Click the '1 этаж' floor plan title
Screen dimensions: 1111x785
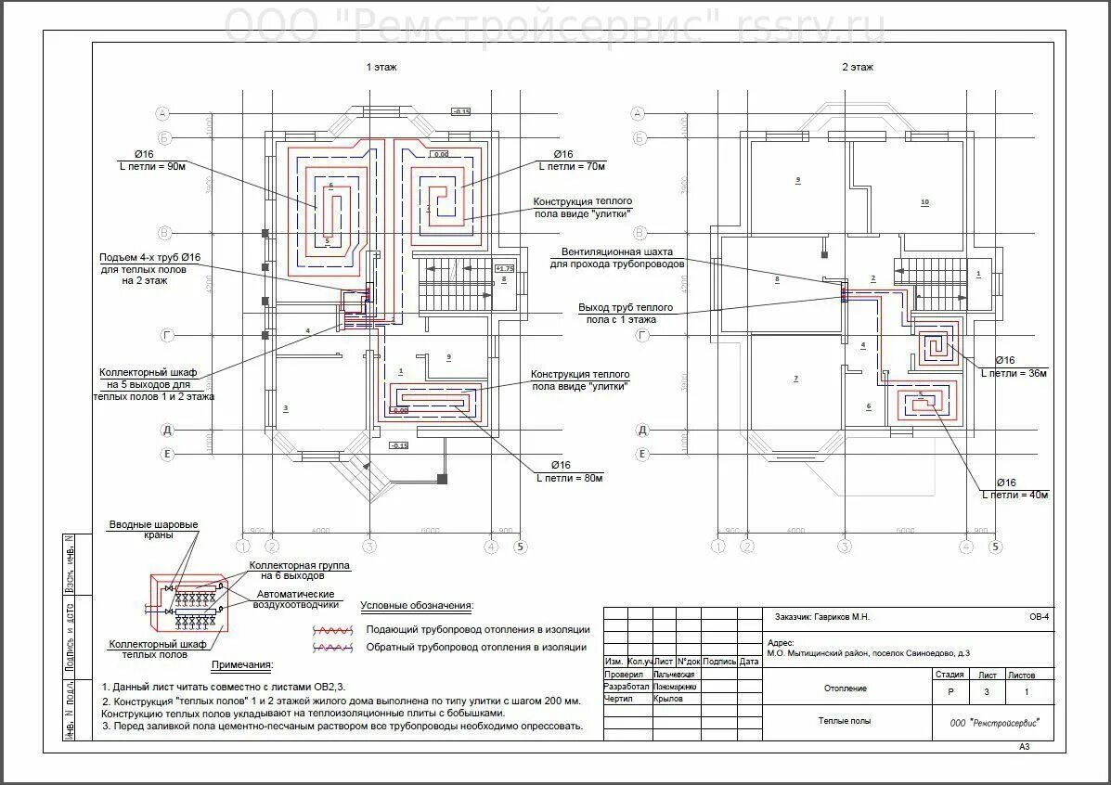[x=381, y=67]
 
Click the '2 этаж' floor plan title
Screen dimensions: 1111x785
[x=857, y=67]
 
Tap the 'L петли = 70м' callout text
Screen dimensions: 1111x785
[x=572, y=166]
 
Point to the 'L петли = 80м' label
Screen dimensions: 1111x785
[x=570, y=478]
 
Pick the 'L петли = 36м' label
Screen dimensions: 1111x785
[x=1014, y=373]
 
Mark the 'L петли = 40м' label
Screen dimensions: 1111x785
[x=1014, y=495]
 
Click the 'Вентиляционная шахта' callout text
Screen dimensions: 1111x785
[x=616, y=251]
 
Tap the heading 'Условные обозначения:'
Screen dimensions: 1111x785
[x=417, y=606]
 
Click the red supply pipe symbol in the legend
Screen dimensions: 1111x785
[x=333, y=629]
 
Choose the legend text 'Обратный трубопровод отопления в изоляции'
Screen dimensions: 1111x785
[x=476, y=647]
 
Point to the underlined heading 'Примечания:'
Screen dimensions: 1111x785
[x=242, y=664]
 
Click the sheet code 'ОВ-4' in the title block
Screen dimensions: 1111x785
[x=1039, y=615]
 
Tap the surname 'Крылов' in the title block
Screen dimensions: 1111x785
[x=668, y=699]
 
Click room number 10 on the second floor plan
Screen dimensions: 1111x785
[x=924, y=201]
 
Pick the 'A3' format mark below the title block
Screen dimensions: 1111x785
[x=1025, y=746]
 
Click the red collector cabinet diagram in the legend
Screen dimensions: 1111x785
[x=188, y=600]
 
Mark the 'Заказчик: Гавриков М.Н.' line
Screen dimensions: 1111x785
[x=821, y=616]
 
